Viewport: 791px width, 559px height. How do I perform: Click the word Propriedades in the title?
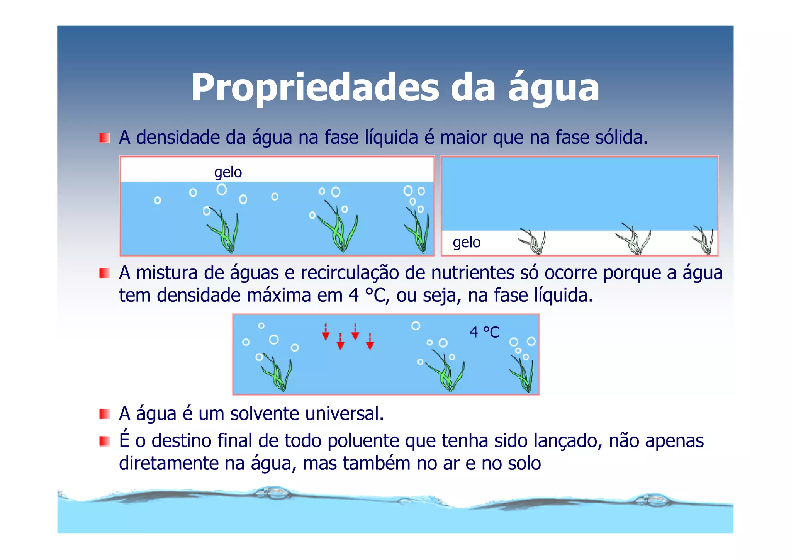coord(315,88)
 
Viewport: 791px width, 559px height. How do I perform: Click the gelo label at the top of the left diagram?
coord(228,172)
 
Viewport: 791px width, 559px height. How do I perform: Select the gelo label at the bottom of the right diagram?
coord(467,242)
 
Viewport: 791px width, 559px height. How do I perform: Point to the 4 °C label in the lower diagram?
coord(484,332)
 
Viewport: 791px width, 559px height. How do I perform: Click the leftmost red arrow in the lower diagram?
coord(326,332)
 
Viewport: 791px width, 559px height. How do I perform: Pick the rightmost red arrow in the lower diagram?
coord(370,342)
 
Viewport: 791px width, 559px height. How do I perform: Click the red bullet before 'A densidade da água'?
coord(104,138)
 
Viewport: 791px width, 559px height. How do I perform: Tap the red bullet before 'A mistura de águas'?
coord(104,273)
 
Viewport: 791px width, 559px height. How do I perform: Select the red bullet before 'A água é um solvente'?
coord(104,414)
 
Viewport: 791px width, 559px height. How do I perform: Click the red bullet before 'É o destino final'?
coord(104,441)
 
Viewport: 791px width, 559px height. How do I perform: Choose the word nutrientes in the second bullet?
coord(472,273)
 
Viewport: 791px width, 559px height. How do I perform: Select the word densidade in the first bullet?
coord(178,138)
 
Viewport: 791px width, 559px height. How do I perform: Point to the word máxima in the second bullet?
coord(278,296)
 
